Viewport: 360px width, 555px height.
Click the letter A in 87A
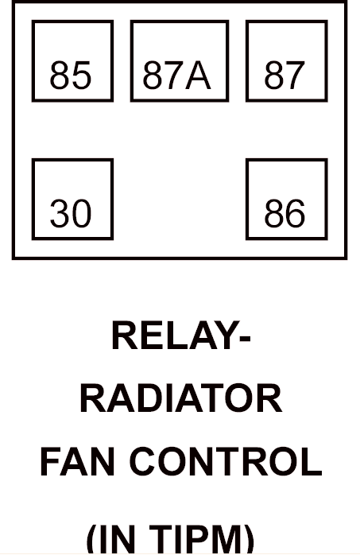[x=199, y=75]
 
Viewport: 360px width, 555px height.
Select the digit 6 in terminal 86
[x=296, y=213]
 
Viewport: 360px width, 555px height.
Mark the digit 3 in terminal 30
[x=60, y=213]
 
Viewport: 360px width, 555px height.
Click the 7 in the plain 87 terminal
[x=295, y=75]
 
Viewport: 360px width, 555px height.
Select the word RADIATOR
[x=181, y=398]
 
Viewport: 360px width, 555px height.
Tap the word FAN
[x=77, y=461]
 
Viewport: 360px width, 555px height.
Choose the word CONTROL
[x=226, y=461]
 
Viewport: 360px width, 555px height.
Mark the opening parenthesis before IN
[x=91, y=540]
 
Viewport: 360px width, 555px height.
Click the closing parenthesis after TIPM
[x=250, y=540]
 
